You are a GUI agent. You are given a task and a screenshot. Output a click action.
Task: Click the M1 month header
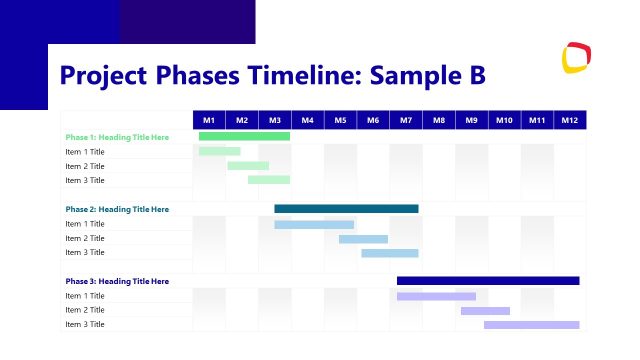click(x=209, y=120)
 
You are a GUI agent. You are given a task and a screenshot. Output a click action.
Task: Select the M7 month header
click(x=406, y=120)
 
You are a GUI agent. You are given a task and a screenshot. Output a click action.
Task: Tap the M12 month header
click(x=570, y=120)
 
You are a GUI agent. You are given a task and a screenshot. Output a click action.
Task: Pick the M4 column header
click(x=307, y=120)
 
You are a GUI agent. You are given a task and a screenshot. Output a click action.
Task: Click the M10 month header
click(x=504, y=120)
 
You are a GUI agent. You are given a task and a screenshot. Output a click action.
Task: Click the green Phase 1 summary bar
click(x=244, y=136)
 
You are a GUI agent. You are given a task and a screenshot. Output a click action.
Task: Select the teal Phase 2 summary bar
click(x=346, y=209)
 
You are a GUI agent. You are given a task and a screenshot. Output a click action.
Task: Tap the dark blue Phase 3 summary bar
click(x=488, y=281)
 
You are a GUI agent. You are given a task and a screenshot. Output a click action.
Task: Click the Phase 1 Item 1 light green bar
click(x=219, y=151)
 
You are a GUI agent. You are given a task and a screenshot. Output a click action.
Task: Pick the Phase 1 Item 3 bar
click(x=269, y=180)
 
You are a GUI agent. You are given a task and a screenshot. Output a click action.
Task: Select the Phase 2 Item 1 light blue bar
click(x=314, y=224)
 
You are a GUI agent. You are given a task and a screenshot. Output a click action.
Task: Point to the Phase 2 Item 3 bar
click(x=389, y=253)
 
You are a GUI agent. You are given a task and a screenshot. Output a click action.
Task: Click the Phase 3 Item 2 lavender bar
click(x=485, y=310)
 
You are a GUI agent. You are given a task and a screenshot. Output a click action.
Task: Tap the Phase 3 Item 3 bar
click(x=531, y=325)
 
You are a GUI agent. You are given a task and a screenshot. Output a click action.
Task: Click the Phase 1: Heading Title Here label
click(x=117, y=137)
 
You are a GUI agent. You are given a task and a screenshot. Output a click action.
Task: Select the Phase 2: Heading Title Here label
click(x=117, y=209)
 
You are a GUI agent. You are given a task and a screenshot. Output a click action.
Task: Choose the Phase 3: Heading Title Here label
click(x=117, y=281)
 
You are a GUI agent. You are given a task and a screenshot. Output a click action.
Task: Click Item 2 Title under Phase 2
click(x=85, y=238)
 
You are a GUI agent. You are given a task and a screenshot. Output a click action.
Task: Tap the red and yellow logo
click(x=576, y=59)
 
